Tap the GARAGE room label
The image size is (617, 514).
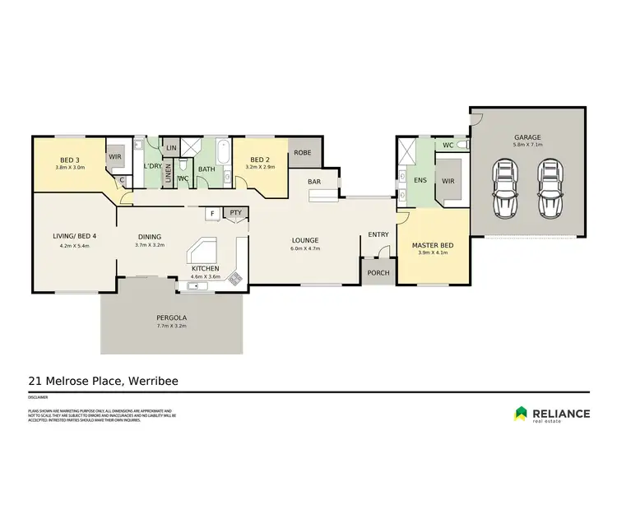point(527,138)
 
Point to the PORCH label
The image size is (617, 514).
point(378,273)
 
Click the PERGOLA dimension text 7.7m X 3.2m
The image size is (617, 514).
point(171,326)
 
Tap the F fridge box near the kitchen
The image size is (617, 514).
point(212,213)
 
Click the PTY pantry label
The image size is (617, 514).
point(235,212)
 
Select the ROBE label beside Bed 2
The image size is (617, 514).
point(304,152)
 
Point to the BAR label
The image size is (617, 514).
point(314,181)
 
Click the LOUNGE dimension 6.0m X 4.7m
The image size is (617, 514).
point(304,250)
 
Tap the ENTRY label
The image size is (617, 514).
point(378,235)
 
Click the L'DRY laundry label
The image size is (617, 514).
point(151,166)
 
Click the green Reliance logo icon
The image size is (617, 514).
point(521,414)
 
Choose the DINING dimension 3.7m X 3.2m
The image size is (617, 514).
point(149,245)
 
